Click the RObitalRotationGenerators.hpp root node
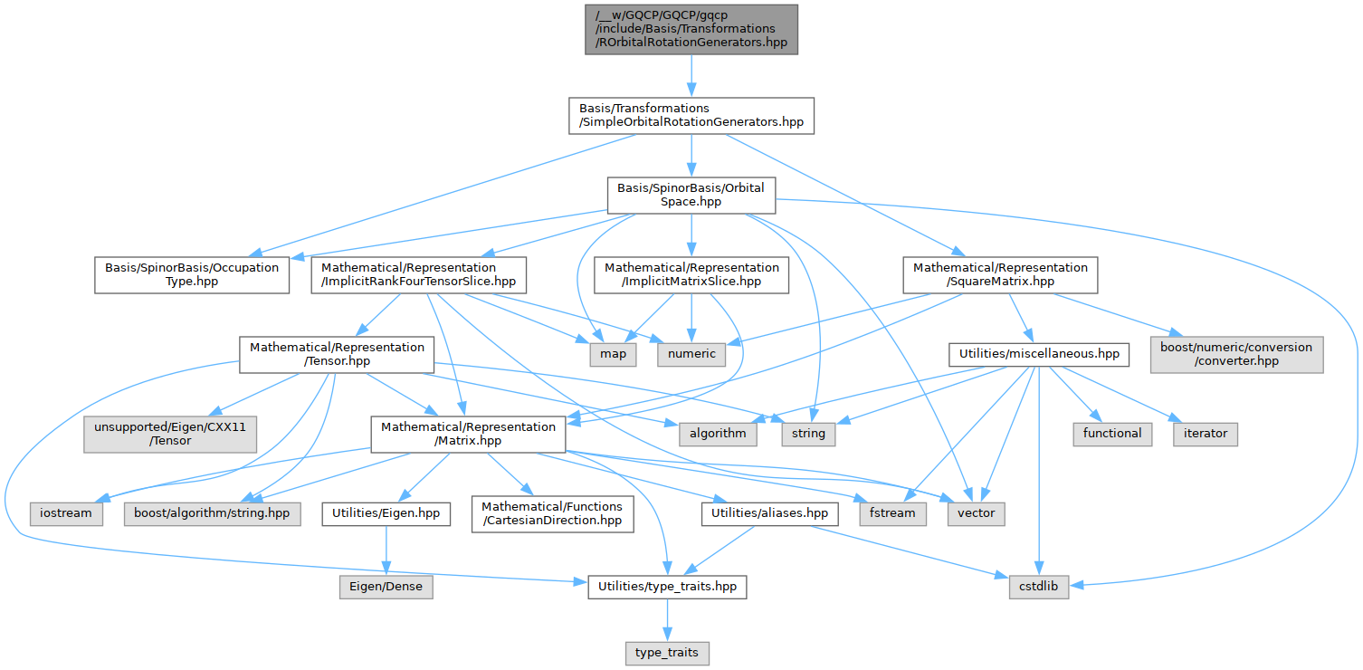(691, 29)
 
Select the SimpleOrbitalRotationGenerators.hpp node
(691, 116)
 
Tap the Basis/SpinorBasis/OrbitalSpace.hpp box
(691, 195)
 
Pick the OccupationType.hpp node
(192, 275)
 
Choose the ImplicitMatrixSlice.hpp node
(691, 275)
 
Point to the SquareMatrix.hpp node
(1000, 275)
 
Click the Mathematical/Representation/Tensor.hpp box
(337, 355)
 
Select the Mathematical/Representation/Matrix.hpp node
(468, 434)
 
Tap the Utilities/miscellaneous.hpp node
(1038, 354)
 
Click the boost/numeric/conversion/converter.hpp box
(1235, 354)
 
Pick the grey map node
(613, 354)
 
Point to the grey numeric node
(691, 354)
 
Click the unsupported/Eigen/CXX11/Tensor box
(171, 434)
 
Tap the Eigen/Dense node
(386, 588)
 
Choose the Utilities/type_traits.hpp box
(667, 588)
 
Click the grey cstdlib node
(1039, 588)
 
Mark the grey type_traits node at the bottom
(667, 652)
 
